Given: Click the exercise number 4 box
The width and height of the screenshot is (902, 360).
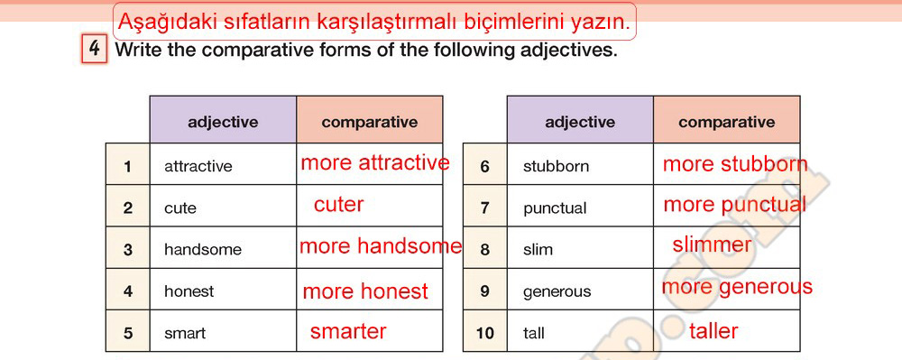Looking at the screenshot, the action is pos(95,49).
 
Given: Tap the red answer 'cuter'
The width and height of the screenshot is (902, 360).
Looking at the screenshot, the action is pos(339,205).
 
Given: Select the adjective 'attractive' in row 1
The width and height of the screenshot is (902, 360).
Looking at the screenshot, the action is pos(198,167).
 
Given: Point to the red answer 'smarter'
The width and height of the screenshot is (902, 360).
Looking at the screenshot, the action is pos(348,331).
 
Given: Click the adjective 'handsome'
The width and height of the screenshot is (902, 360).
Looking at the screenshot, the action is pos(202,250).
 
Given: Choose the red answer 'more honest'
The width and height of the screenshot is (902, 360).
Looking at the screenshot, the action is pos(365,291).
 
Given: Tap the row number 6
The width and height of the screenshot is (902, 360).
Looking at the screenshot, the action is pos(484,167).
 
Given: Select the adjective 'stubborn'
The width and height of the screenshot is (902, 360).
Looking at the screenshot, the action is pos(556,167).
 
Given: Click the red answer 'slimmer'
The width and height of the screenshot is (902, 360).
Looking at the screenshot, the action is pos(712,245).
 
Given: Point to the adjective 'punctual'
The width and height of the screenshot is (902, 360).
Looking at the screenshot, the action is pos(555,208).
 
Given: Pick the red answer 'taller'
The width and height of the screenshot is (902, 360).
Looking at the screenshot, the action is pos(713,331).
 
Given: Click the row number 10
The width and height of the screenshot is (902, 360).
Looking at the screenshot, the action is pos(484,333).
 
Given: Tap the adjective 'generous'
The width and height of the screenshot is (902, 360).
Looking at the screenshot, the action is pos(557,292).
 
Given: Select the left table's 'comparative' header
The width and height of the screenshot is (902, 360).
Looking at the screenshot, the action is pos(369,122).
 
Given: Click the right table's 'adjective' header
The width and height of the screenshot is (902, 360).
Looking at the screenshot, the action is pos(580,122).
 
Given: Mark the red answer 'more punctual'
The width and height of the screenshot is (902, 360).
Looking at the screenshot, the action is pos(734,205).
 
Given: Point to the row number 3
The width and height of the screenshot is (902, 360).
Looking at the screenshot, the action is pos(128,250).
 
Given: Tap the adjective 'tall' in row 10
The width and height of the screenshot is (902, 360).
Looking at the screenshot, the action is pos(534,333).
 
